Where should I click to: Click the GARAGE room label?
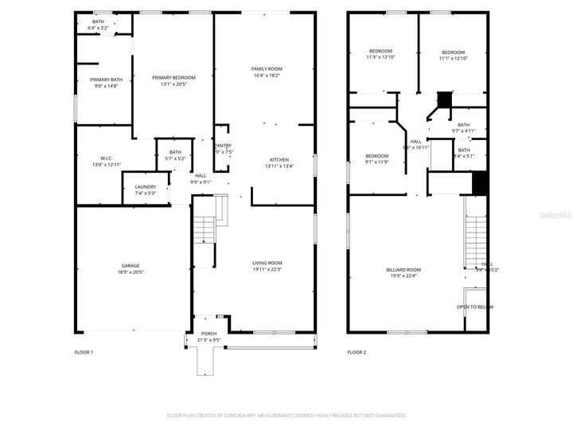tap(131, 265)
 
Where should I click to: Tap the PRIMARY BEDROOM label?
tap(173, 77)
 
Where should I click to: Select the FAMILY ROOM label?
tap(267, 69)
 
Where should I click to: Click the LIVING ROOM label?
tap(267, 263)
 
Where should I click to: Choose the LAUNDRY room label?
tap(146, 187)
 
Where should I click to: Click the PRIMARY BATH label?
tap(106, 80)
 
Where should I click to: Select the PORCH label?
tap(209, 334)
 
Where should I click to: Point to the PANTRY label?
tap(224, 146)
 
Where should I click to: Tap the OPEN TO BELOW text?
tap(474, 307)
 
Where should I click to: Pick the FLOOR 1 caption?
tap(84, 351)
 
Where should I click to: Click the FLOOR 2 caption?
tap(356, 351)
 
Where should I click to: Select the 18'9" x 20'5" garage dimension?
tap(131, 272)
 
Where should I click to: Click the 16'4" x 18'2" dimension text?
tap(267, 76)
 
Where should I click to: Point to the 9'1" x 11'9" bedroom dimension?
tap(376, 162)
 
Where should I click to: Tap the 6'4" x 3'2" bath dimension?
tap(98, 28)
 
